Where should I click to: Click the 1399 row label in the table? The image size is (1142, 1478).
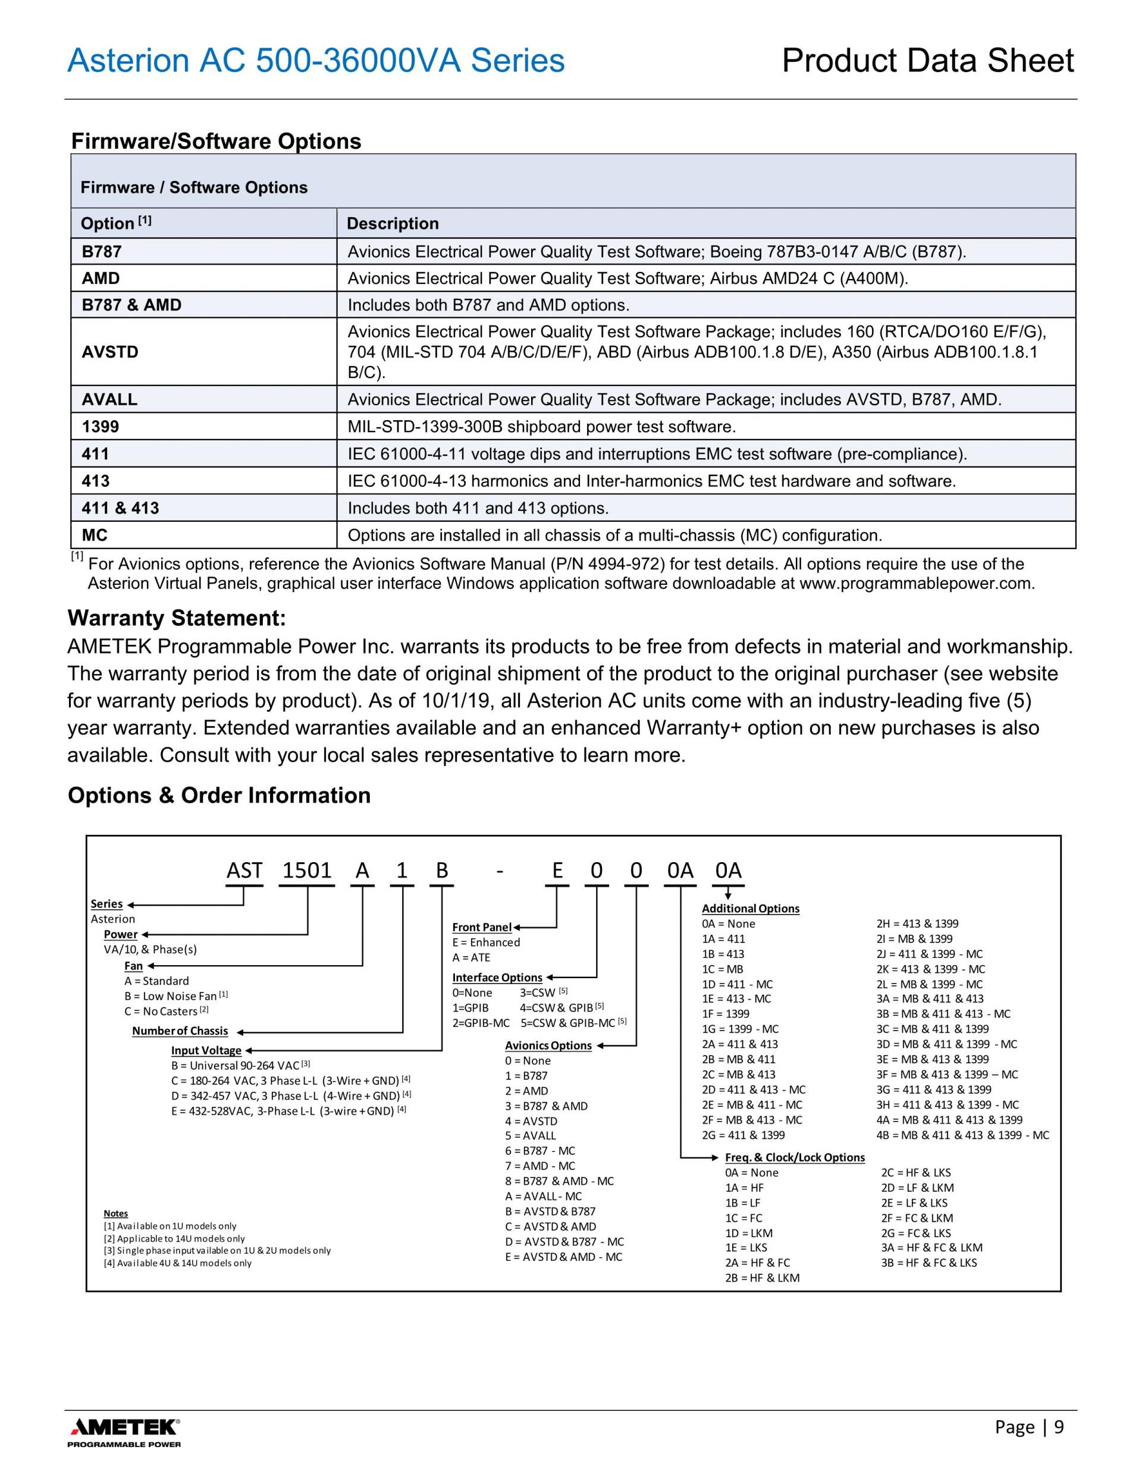100,427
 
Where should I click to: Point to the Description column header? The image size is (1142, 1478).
393,223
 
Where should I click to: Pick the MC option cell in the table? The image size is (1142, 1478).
95,536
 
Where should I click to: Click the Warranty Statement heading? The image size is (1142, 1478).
177,618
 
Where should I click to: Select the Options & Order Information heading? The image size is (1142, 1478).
219,795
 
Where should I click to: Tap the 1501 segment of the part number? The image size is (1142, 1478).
307,870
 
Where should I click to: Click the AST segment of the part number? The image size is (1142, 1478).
244,870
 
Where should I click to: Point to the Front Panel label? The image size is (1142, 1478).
482,927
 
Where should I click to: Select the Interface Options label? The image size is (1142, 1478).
497,977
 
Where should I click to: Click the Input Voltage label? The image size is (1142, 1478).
206,1050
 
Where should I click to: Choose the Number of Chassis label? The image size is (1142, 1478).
180,1031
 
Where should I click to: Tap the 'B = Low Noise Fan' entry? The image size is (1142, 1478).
176,996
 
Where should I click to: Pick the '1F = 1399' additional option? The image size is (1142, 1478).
725,1014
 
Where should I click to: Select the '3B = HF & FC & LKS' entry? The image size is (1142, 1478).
929,1263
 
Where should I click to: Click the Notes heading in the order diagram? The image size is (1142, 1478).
116,1213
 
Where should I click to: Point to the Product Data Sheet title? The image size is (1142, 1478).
927,61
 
